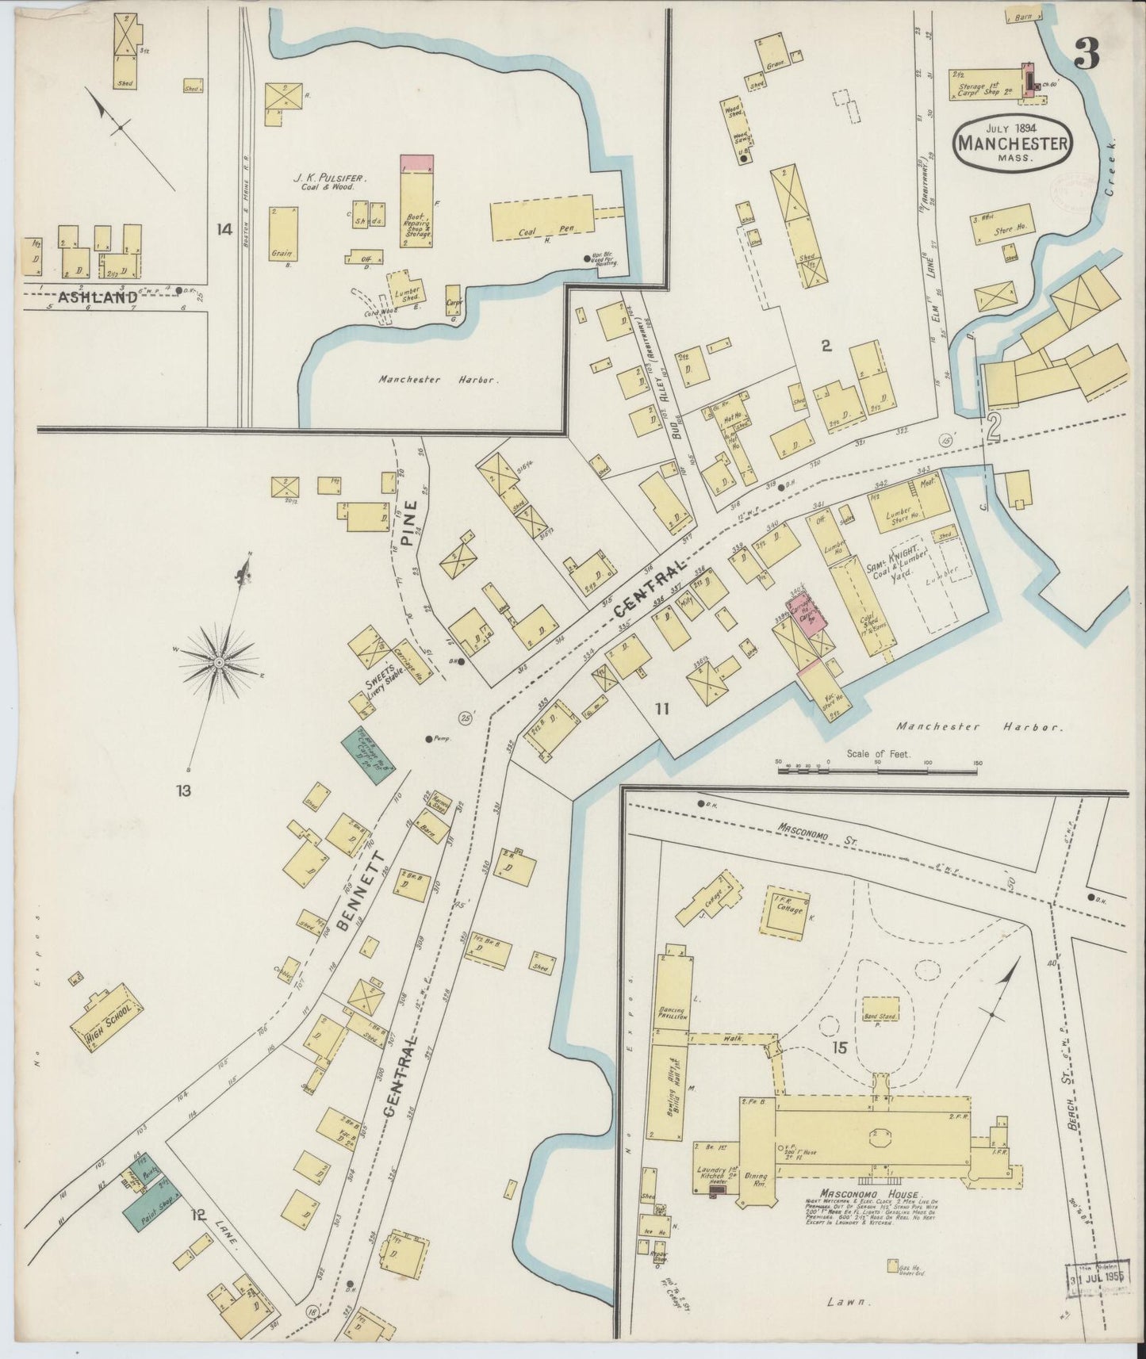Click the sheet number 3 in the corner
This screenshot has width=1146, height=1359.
(1087, 53)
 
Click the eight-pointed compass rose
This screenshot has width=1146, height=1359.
(219, 660)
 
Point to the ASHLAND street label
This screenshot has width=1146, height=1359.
(98, 298)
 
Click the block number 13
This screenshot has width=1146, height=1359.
(184, 790)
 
